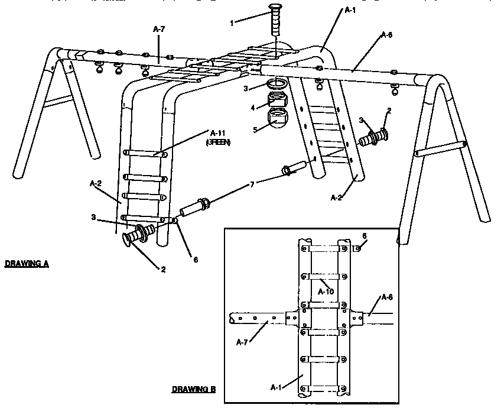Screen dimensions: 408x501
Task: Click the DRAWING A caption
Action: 27,264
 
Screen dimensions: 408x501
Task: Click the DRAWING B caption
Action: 194,390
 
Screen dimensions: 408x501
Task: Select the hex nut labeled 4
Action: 276,100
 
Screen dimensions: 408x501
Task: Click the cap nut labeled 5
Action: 276,118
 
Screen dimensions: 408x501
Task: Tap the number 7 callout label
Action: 253,185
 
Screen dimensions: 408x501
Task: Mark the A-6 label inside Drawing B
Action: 388,297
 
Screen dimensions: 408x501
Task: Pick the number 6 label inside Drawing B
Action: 365,235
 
